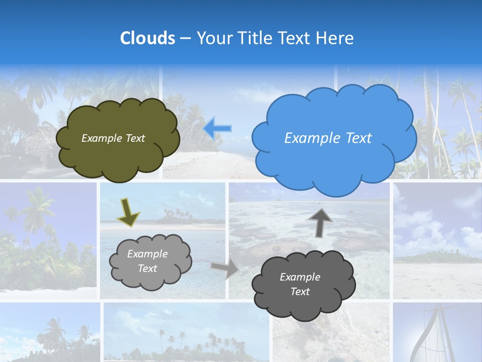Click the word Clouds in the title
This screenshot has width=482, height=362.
[147, 38]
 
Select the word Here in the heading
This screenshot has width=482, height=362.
[335, 38]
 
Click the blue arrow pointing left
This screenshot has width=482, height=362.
[217, 129]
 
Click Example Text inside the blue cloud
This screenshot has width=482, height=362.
[328, 138]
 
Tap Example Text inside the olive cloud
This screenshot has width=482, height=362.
[113, 138]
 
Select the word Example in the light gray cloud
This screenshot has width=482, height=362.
[147, 254]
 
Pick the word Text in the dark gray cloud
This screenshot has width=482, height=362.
[300, 292]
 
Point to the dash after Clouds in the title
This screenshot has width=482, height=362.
[185, 39]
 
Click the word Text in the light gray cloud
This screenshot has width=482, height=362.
[147, 268]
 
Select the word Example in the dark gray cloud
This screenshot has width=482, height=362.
[300, 277]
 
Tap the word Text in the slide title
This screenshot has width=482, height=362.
[297, 38]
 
